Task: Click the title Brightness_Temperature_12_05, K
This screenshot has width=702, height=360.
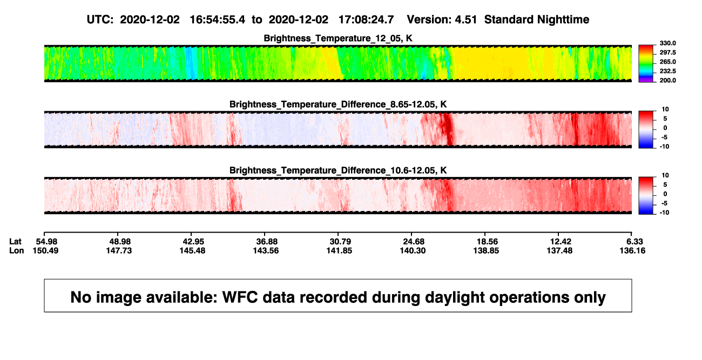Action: point(338,38)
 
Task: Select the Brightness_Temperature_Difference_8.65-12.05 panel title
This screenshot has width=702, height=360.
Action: point(338,104)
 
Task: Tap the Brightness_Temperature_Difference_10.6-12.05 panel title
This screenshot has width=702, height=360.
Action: point(338,171)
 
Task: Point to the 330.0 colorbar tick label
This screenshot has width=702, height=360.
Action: point(667,43)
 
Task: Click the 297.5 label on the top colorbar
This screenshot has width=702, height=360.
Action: point(667,52)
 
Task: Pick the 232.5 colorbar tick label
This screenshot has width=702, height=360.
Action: point(667,71)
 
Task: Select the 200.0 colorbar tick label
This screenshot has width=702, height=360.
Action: point(667,80)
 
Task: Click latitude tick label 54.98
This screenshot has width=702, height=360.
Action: point(46,242)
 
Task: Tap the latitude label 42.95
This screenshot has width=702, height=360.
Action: point(193,242)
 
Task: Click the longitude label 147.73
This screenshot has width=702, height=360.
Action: point(119,250)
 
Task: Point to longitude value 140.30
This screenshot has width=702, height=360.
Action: point(413,250)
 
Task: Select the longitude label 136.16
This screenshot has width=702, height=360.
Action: point(632,250)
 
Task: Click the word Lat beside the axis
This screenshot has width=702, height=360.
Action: point(15,242)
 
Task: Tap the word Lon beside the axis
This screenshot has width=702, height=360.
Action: point(17,250)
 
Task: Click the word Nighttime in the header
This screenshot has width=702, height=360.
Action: point(563,20)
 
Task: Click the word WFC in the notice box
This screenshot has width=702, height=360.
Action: point(240,297)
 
